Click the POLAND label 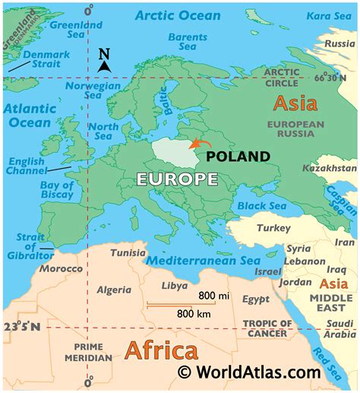tap(238, 157)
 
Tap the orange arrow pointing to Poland tap(201, 143)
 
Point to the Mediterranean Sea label tap(202, 260)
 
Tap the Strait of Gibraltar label tap(25, 245)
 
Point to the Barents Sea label tap(187, 43)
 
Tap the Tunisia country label tap(128, 253)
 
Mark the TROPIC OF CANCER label tap(266, 328)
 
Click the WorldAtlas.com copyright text tap(250, 372)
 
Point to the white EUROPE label tap(177, 179)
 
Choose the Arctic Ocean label tap(178, 14)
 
